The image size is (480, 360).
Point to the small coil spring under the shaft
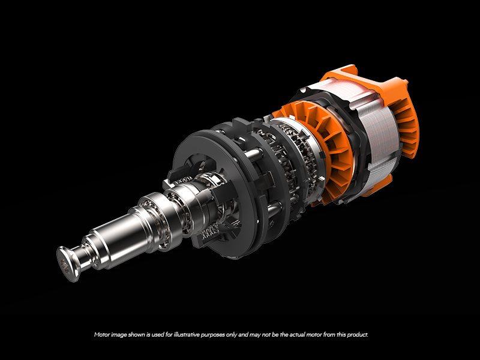coord(208,230)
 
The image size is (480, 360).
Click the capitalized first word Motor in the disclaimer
coord(102,334)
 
